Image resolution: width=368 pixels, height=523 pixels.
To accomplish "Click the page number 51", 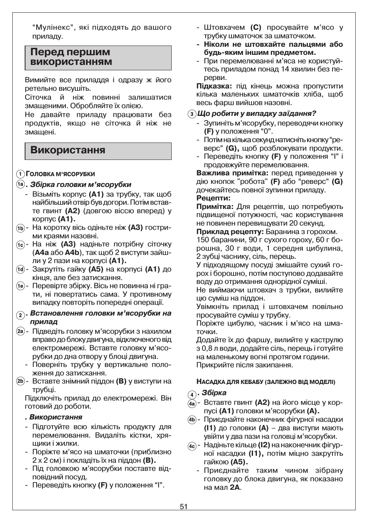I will click(184, 506).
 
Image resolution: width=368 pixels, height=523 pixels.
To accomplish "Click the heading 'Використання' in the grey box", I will click(68, 150).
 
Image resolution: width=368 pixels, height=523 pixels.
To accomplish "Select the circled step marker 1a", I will click(20, 185).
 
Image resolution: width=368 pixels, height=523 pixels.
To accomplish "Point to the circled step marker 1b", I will click(20, 228).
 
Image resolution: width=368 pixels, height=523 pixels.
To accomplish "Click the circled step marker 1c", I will click(20, 245).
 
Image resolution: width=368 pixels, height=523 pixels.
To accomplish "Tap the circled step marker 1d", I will click(20, 270).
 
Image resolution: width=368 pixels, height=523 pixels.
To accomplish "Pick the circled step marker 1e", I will click(20, 286).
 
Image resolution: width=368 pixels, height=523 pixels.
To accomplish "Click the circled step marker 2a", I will click(20, 331).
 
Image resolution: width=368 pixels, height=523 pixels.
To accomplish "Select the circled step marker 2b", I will click(20, 382).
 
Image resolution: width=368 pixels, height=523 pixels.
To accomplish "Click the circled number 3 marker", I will click(192, 114).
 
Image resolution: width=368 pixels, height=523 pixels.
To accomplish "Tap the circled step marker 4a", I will click(192, 404).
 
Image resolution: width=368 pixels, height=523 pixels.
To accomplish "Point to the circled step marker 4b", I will click(192, 420).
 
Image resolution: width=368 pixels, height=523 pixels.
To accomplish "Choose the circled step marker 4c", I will click(192, 446).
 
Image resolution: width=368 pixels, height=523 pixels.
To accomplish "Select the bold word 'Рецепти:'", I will click(213, 199).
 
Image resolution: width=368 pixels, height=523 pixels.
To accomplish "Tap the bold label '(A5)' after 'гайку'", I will click(96, 269).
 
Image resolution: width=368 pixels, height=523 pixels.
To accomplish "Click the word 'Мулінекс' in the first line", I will click(53, 28).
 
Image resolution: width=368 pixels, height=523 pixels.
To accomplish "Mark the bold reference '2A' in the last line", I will click(235, 487).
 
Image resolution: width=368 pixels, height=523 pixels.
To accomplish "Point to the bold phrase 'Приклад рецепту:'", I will click(230, 232).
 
